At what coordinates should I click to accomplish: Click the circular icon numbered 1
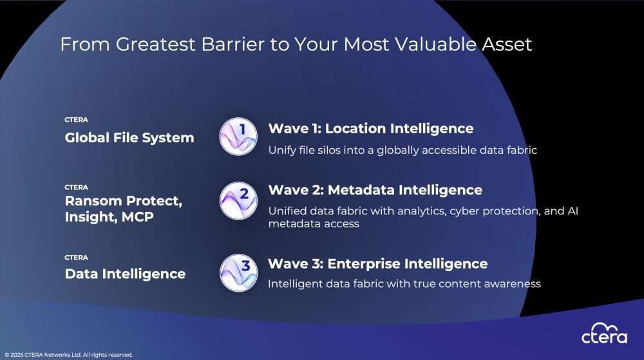[238, 137]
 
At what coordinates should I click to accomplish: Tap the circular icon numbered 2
[238, 201]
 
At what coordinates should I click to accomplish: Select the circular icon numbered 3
[239, 272]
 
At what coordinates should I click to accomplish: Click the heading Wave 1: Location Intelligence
[371, 129]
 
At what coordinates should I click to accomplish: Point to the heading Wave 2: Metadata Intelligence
[375, 190]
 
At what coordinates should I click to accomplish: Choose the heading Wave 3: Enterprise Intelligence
[378, 263]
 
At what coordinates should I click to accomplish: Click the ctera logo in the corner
[604, 333]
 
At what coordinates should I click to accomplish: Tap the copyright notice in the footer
[69, 355]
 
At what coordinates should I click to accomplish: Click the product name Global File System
[129, 138]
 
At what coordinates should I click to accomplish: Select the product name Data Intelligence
[126, 274]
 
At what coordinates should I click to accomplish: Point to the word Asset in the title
[507, 44]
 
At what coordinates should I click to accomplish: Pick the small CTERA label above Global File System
[77, 120]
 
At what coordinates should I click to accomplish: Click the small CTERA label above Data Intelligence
[77, 258]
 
